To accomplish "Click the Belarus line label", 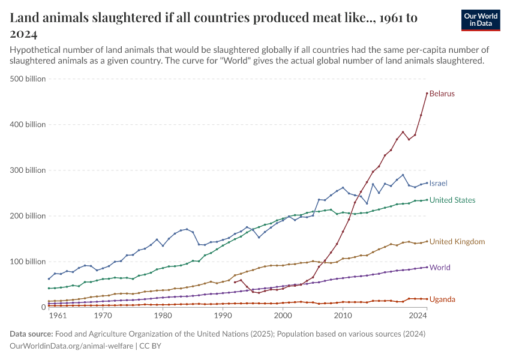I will pos(442,94).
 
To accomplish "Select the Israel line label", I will pos(438,183).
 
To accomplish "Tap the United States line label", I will pos(452,200).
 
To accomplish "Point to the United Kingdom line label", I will pos(457,242).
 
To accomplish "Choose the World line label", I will pos(440,268).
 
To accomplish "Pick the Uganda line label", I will pos(442,299).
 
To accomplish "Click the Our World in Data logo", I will pos(480,20).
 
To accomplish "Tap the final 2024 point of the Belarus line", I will pos(427,93).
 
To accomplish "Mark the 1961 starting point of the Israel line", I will pos(49,278).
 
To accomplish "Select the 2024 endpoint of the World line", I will pos(427,267).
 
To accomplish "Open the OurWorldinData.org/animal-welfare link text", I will pos(72,346).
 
